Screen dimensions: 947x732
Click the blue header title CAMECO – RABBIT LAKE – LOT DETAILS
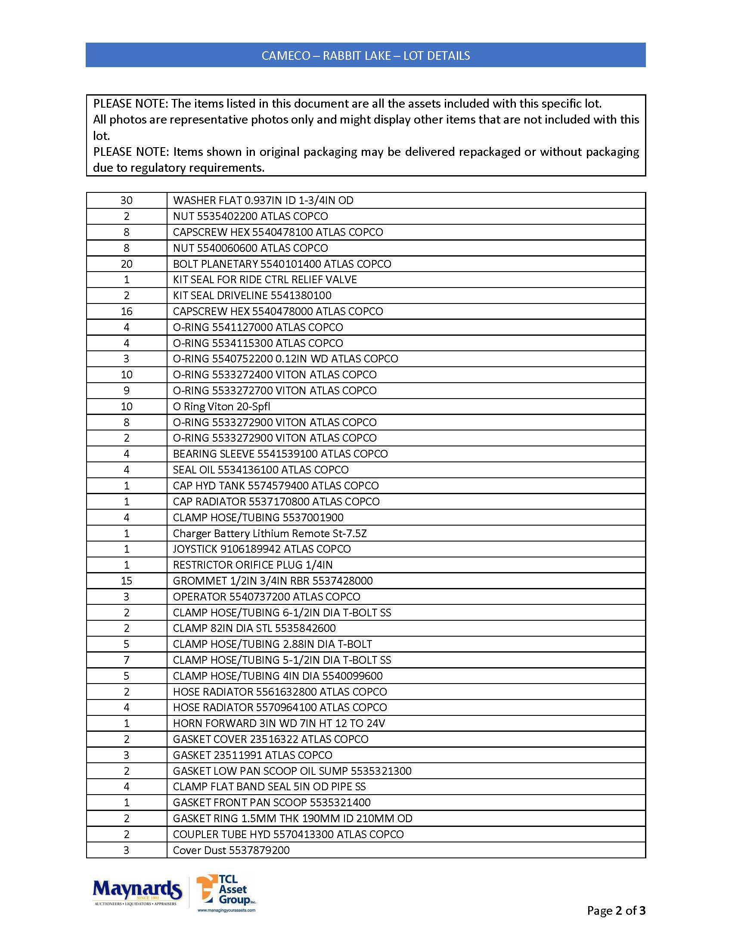pyautogui.click(x=366, y=56)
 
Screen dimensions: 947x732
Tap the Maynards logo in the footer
pyautogui.click(x=137, y=892)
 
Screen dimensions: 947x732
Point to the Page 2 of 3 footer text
pyautogui.click(x=616, y=910)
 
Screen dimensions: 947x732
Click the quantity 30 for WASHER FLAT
pyautogui.click(x=126, y=200)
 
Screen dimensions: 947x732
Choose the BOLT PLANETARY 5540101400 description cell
pyautogui.click(x=282, y=264)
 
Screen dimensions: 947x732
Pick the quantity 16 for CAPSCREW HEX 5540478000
pyautogui.click(x=126, y=311)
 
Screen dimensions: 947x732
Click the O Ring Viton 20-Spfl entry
pyautogui.click(x=221, y=407)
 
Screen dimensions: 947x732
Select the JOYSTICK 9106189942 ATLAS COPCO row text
pyautogui.click(x=261, y=549)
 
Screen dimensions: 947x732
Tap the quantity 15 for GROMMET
pyautogui.click(x=126, y=581)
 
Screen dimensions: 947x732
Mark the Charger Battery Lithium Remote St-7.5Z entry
pyautogui.click(x=270, y=533)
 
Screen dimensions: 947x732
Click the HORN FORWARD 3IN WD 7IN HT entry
pyautogui.click(x=279, y=723)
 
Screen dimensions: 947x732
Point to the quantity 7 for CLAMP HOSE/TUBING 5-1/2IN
pyautogui.click(x=126, y=660)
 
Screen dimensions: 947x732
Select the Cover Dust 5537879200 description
pyautogui.click(x=231, y=850)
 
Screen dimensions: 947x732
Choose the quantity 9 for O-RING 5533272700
pyautogui.click(x=126, y=391)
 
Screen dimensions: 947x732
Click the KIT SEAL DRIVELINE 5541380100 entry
pyautogui.click(x=252, y=296)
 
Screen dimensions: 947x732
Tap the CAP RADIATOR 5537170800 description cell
pyautogui.click(x=276, y=501)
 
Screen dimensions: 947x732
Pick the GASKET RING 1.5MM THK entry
pyautogui.click(x=292, y=819)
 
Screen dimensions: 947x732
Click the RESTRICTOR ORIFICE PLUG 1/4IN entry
pyautogui.click(x=253, y=565)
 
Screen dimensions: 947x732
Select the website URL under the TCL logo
pyautogui.click(x=226, y=910)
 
